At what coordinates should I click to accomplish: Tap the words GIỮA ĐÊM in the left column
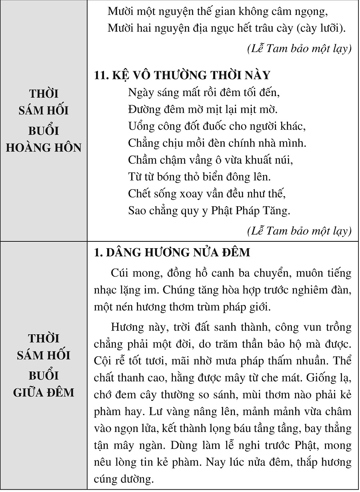point(44,392)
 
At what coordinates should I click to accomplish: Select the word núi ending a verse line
point(284,160)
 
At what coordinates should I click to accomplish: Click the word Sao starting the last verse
point(137,210)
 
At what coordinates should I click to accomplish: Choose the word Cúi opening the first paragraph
point(120,273)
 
